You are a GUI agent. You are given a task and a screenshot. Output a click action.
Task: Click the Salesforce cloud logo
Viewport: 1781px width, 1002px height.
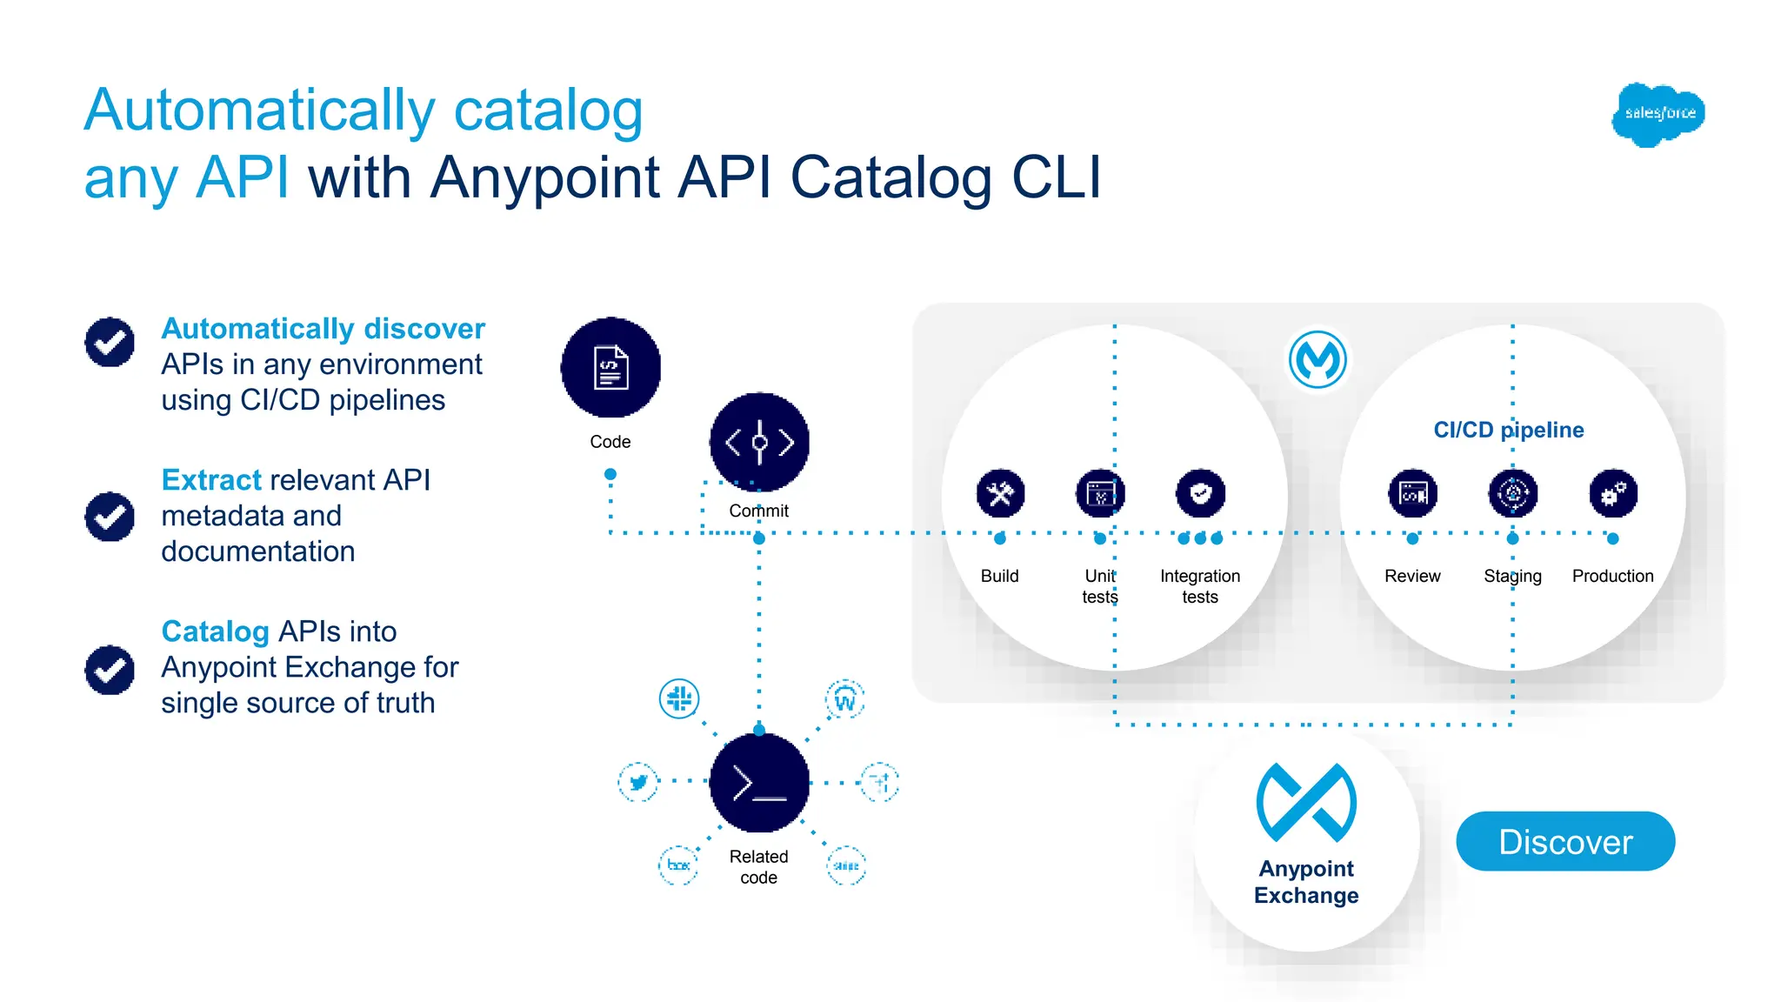point(1658,114)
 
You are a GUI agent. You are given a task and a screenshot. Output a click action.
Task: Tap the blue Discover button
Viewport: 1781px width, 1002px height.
point(1565,841)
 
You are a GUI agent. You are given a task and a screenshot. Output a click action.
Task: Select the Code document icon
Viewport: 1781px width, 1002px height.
point(610,367)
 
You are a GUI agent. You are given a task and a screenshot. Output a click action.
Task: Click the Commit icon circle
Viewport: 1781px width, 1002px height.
point(759,442)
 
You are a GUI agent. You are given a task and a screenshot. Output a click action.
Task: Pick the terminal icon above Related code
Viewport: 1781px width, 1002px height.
point(759,783)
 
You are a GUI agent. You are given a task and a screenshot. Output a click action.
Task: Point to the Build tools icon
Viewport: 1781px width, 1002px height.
point(1000,494)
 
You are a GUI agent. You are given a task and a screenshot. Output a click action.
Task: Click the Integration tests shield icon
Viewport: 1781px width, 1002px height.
point(1200,494)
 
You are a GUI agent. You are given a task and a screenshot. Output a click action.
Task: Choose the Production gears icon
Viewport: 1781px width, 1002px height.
point(1613,494)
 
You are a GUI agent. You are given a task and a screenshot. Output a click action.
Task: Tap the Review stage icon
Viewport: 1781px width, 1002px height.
point(1412,494)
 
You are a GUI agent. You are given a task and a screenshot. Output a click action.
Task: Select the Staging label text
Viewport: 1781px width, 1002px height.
point(1512,576)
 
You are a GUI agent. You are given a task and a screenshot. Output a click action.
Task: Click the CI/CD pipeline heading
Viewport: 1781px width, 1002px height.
point(1508,430)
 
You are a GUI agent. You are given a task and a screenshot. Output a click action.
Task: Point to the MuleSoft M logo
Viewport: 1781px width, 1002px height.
point(1317,359)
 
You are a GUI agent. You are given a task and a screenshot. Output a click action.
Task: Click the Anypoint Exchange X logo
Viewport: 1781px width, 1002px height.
point(1306,802)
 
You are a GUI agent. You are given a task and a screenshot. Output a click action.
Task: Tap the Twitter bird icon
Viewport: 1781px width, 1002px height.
point(638,782)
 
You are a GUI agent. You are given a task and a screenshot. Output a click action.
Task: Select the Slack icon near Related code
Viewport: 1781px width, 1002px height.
point(679,698)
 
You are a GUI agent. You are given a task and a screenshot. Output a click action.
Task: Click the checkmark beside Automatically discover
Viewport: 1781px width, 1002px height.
point(110,342)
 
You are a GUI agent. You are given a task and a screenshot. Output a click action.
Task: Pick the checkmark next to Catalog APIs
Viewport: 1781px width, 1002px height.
point(110,670)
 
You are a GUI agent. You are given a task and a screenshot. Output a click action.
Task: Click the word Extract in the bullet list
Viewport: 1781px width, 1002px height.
point(211,480)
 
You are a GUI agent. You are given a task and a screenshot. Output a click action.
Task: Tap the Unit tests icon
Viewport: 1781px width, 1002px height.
point(1100,494)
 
